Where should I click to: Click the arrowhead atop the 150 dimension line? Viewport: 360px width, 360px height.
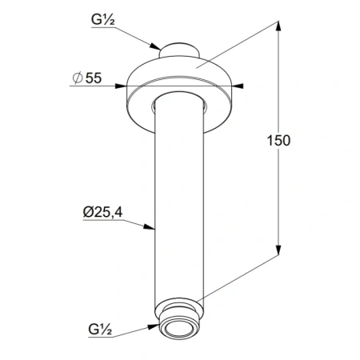click(x=278, y=26)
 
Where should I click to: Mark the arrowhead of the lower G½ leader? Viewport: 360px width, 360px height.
click(x=158, y=326)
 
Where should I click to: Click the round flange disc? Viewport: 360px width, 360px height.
click(x=184, y=84)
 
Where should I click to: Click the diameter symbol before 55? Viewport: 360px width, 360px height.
click(x=77, y=79)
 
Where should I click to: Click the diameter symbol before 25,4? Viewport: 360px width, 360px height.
click(x=87, y=212)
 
